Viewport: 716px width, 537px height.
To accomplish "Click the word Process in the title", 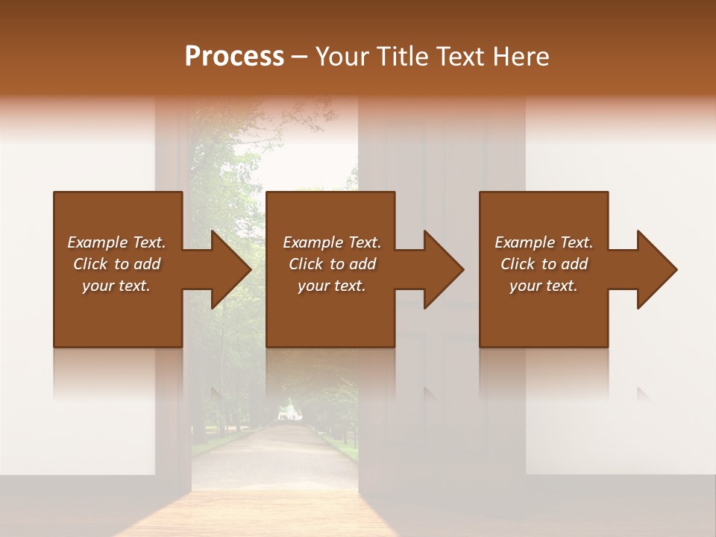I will point(234,57).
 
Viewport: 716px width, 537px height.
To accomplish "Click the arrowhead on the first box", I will point(228,269).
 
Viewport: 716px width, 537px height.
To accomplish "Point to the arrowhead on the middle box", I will point(441,269).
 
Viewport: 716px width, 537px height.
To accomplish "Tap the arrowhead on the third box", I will point(654,269).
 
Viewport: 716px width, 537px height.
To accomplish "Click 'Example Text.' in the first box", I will point(116,242).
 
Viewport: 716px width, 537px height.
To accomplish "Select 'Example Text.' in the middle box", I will point(332,242).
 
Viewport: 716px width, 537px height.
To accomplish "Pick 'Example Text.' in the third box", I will point(544,242).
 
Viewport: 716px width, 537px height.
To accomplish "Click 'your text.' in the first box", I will point(116,286).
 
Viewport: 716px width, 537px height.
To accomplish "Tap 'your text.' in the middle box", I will point(332,286).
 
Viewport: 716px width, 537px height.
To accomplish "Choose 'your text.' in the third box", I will point(544,286).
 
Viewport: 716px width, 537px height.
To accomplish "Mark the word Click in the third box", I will point(518,264).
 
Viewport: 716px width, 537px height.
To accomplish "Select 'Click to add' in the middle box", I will point(332,264).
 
